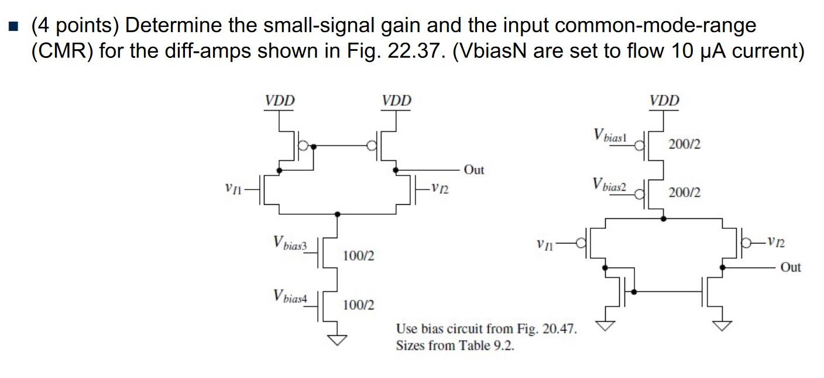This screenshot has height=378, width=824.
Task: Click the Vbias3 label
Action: point(290,243)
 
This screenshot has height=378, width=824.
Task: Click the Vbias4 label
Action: point(290,296)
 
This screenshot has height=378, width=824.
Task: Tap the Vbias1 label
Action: point(610,135)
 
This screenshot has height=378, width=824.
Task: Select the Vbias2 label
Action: point(610,185)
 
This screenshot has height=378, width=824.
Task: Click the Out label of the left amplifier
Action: point(473,170)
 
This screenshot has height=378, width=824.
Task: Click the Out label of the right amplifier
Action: point(790,267)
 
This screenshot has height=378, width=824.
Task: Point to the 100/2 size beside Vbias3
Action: point(358,256)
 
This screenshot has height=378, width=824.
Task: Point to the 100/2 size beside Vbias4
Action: point(358,305)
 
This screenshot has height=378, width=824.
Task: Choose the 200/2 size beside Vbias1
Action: point(684,144)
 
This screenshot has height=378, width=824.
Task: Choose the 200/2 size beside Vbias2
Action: point(684,193)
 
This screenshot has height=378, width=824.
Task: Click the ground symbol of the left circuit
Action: point(337,339)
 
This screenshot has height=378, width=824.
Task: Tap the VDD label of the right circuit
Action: point(664,101)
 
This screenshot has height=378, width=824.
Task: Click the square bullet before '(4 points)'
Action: point(15,26)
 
